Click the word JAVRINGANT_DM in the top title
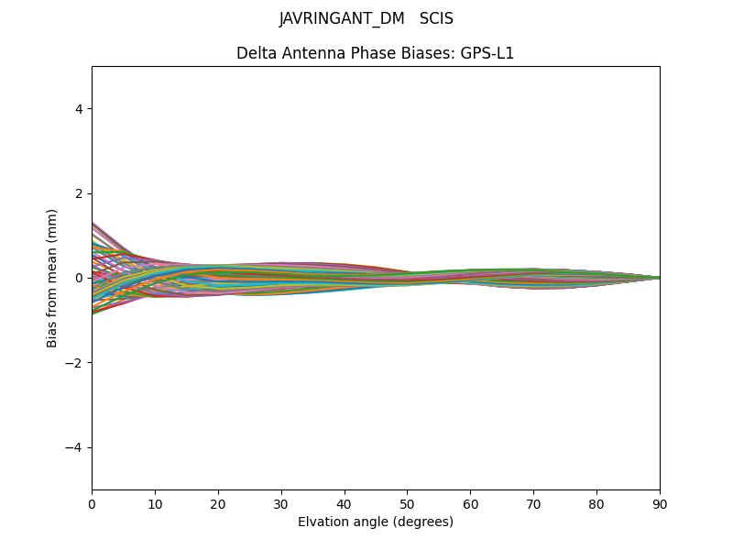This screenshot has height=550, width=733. tap(342, 18)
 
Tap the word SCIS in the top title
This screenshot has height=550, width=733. tap(436, 18)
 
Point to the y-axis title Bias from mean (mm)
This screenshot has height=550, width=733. tap(52, 278)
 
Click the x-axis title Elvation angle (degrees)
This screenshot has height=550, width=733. tap(376, 522)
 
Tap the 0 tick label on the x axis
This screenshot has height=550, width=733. tap(92, 504)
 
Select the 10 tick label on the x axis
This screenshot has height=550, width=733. tap(155, 504)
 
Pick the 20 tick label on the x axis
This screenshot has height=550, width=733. tap(218, 504)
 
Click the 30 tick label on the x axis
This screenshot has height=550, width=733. tap(281, 504)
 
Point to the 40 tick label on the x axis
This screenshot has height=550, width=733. tap(345, 504)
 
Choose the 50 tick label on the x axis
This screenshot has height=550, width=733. tap(407, 504)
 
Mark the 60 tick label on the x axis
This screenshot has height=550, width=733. tap(470, 504)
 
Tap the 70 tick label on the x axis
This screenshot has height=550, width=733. tap(533, 504)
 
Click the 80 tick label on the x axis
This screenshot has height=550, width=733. tap(596, 504)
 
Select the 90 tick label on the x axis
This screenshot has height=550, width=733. tap(660, 504)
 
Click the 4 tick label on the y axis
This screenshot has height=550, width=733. tap(79, 108)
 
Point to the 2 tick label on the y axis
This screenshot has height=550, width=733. tap(79, 193)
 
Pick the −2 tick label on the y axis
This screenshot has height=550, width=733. tap(74, 362)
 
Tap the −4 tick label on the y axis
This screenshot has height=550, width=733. tap(74, 447)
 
